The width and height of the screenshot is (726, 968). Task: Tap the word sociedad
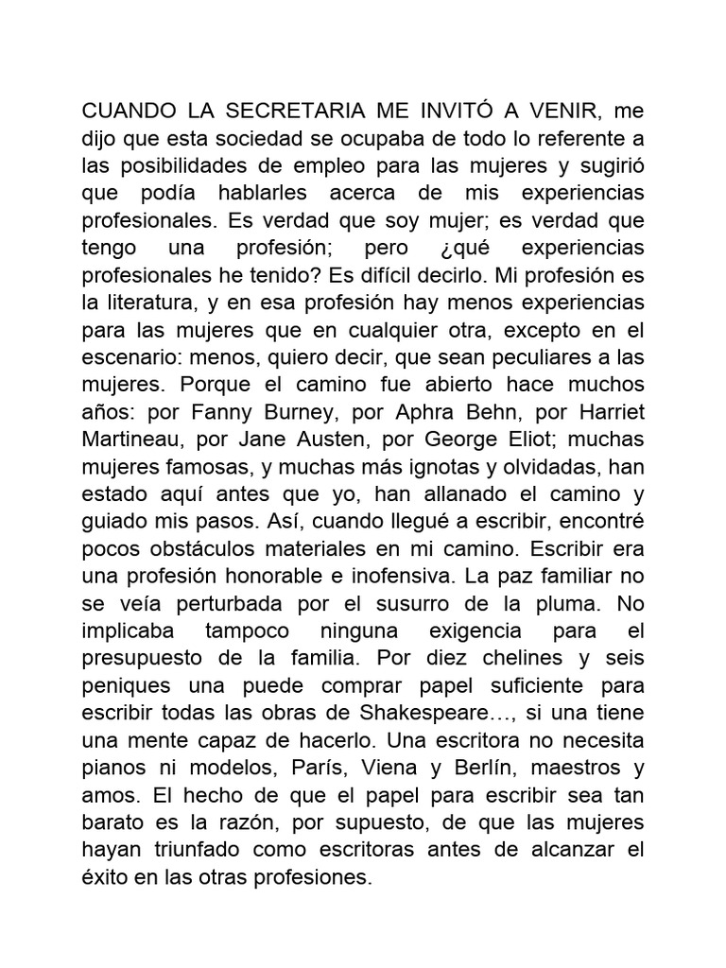[x=236, y=138]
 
